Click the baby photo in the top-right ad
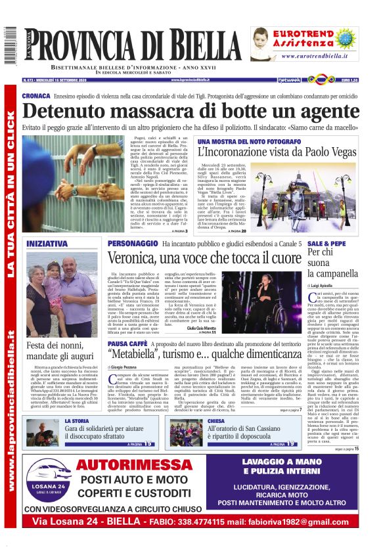click(266, 43)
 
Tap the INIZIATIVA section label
click(47, 244)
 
